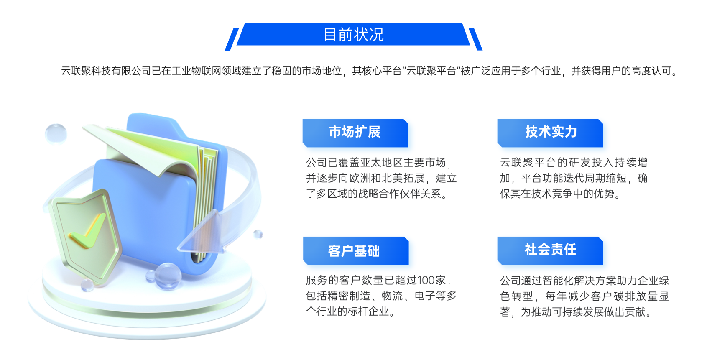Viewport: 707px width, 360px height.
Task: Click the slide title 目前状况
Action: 354,34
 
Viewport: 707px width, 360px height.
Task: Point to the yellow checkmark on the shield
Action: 87,231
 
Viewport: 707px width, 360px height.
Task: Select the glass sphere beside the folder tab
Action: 56,133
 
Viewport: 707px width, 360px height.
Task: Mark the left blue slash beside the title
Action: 231,39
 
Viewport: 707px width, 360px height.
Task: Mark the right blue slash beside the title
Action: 475,39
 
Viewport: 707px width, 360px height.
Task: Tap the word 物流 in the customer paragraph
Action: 392,296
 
